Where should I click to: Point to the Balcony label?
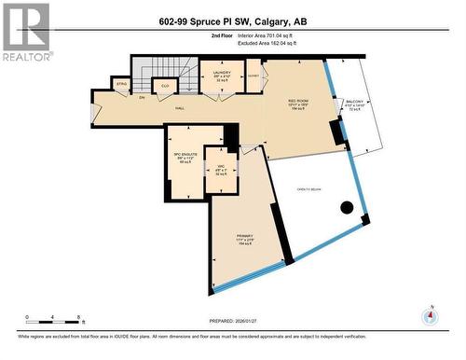pyautogui.click(x=355, y=104)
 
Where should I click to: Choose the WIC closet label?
pyautogui.click(x=221, y=172)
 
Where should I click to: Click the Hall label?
pyautogui.click(x=179, y=107)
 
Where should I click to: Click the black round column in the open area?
pyautogui.click(x=347, y=208)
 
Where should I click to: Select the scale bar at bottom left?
pyautogui.click(x=54, y=320)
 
